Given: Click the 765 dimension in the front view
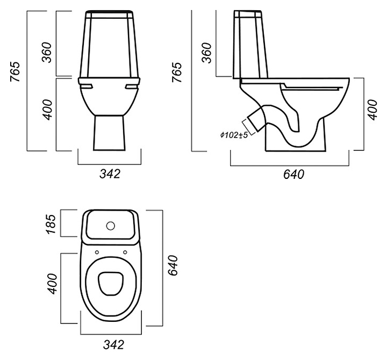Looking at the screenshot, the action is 15,71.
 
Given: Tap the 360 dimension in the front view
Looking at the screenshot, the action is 47,52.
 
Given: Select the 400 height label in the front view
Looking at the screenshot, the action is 48,110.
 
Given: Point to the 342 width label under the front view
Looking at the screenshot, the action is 110,174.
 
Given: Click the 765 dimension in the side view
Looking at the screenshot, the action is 176,72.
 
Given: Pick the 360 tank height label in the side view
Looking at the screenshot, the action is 206,53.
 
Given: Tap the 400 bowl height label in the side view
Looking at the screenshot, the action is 372,110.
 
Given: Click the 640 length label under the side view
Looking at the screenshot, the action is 293,174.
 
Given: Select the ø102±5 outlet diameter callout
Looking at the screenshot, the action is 234,135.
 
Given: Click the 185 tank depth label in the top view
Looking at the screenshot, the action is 51,224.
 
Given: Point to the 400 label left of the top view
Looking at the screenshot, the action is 52,284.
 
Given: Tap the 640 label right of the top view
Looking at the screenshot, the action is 173,265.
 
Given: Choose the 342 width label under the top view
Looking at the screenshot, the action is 113,344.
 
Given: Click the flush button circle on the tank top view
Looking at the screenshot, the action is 111,226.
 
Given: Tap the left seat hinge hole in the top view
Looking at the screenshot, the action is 97,253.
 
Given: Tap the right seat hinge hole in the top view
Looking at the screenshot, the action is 125,252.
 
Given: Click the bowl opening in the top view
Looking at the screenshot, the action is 111,284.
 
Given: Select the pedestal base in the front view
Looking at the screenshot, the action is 109,133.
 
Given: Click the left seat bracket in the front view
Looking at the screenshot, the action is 86,86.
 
